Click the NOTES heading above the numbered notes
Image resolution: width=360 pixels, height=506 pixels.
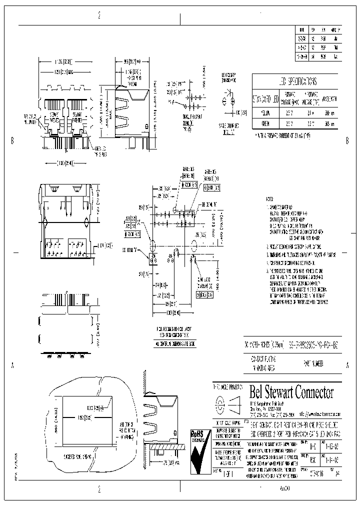point(270,198)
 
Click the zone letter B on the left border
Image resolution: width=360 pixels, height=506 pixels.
point(11,141)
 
